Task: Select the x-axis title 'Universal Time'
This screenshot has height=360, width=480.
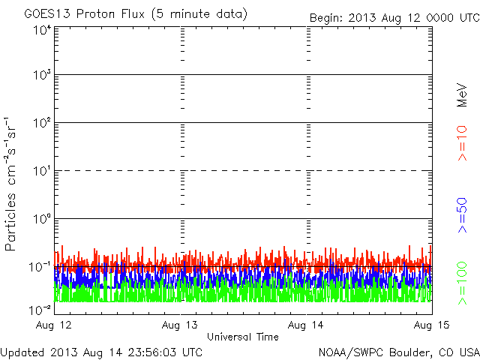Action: click(242, 337)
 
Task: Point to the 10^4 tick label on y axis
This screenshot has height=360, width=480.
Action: click(41, 30)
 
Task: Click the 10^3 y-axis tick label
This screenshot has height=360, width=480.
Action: click(41, 76)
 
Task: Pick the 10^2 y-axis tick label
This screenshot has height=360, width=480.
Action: click(41, 124)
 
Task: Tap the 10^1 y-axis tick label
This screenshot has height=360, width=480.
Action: click(41, 172)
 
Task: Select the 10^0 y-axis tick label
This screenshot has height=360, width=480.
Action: click(41, 220)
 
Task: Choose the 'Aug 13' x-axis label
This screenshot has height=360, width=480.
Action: click(180, 325)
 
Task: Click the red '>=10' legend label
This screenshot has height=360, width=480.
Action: click(463, 142)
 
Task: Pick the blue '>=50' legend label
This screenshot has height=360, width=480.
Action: click(463, 215)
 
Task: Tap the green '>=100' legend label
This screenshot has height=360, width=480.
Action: click(463, 283)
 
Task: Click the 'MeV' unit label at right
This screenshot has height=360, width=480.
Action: click(463, 94)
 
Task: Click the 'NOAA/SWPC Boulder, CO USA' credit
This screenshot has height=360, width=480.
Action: click(398, 352)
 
